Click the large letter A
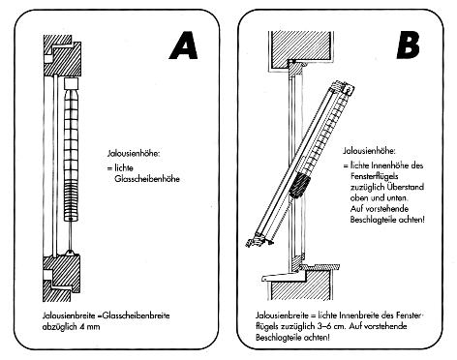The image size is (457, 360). pyautogui.click(x=184, y=45)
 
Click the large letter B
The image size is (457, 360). pyautogui.click(x=408, y=45)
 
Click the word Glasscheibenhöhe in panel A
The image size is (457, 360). pyautogui.click(x=147, y=179)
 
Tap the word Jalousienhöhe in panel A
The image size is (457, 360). pyautogui.click(x=134, y=153)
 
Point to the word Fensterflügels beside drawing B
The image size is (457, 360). pyautogui.click(x=374, y=176)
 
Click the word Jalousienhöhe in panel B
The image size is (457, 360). pyautogui.click(x=369, y=151)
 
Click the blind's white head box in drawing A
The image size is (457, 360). pyautogui.click(x=71, y=84)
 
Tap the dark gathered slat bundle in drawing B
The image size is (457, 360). pyautogui.click(x=299, y=185)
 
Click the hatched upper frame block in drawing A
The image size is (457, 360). pyautogui.click(x=62, y=55)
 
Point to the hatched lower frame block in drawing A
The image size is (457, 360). pyautogui.click(x=62, y=278)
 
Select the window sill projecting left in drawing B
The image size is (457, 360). pyautogui.click(x=284, y=277)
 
